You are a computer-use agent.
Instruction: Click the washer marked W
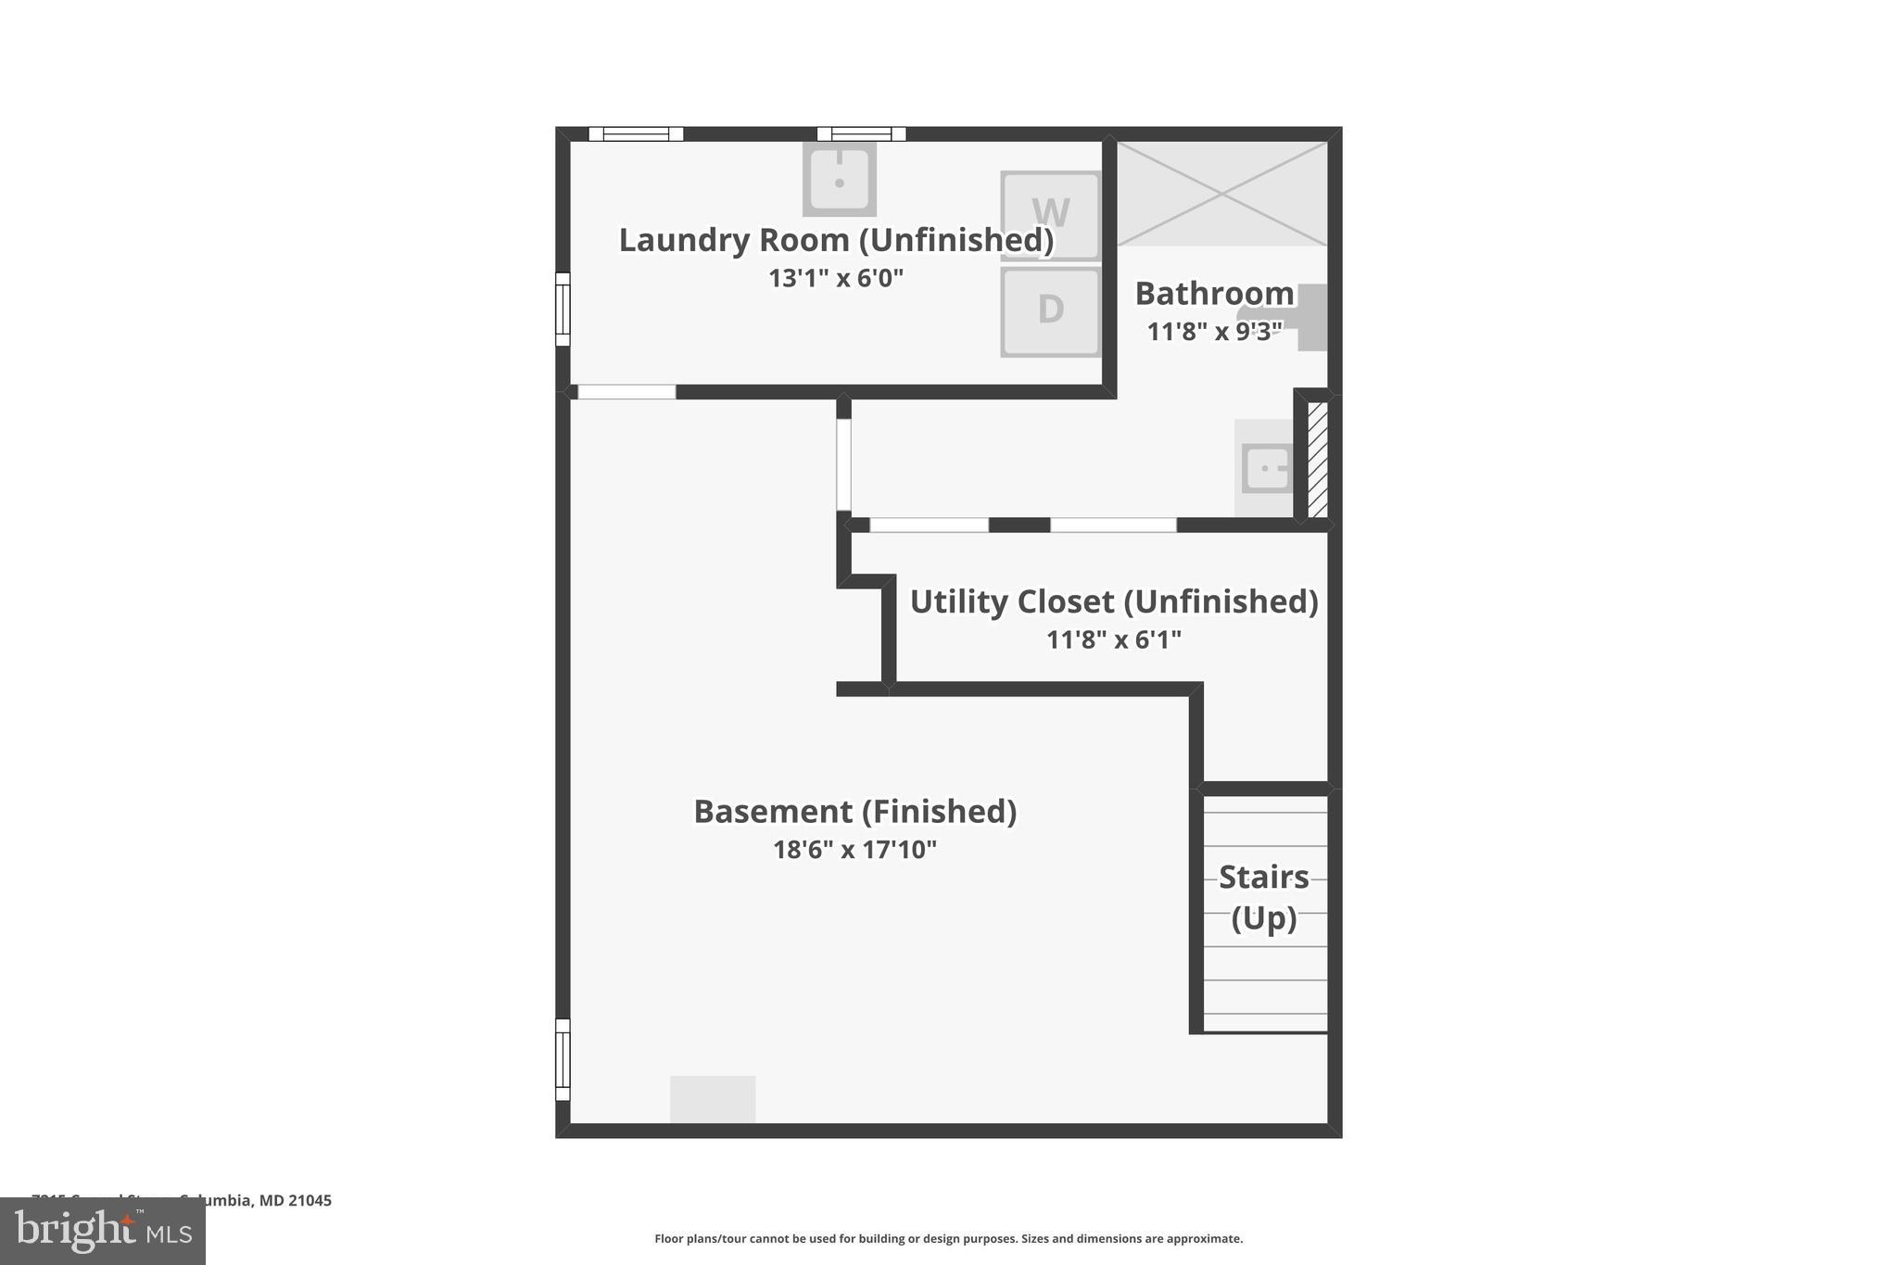click(x=1050, y=215)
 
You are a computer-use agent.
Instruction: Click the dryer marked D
click(x=1050, y=311)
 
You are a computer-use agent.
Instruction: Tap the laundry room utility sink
click(x=839, y=178)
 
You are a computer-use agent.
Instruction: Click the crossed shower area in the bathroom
click(x=1221, y=194)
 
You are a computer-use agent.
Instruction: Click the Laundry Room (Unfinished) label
click(x=836, y=240)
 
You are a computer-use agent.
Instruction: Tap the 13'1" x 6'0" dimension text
click(x=835, y=278)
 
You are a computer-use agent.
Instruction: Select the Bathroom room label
click(x=1214, y=294)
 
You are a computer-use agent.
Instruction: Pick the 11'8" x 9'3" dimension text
click(x=1214, y=332)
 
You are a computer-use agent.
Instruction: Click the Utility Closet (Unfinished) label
click(x=1114, y=601)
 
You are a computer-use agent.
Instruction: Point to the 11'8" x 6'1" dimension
click(x=1114, y=639)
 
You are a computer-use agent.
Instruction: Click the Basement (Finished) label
click(x=854, y=812)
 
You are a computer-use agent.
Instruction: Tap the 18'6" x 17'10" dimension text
click(x=854, y=850)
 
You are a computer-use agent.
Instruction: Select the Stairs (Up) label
click(x=1263, y=897)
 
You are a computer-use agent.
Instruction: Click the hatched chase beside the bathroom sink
click(x=1317, y=459)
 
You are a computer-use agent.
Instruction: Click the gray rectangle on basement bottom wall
click(x=713, y=1099)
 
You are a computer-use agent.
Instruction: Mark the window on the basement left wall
click(x=563, y=1059)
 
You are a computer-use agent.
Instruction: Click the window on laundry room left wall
click(x=563, y=309)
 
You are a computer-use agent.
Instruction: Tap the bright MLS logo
click(x=103, y=1232)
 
